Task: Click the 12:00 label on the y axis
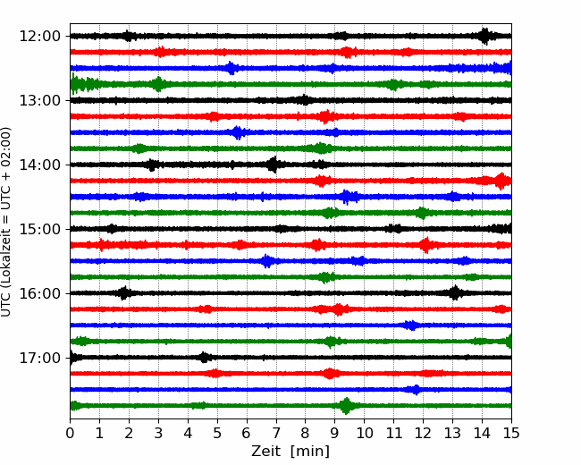point(39,37)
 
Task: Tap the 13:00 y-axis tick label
point(39,100)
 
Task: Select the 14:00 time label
point(39,165)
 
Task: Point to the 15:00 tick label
point(39,229)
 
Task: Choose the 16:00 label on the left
point(39,293)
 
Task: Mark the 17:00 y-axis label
point(39,358)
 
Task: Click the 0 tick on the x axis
point(70,433)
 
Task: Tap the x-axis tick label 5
point(217,433)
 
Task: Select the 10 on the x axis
point(364,433)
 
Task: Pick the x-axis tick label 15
point(511,433)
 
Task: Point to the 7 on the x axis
point(276,433)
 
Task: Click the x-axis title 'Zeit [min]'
point(290,452)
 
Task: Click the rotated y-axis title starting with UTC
point(5,222)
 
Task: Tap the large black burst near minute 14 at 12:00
point(484,36)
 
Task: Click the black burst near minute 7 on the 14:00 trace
point(274,165)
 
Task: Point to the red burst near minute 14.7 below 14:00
point(501,181)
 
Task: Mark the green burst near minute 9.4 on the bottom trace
point(347,406)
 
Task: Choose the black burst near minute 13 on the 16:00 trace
point(455,293)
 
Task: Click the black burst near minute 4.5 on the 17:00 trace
point(204,358)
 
